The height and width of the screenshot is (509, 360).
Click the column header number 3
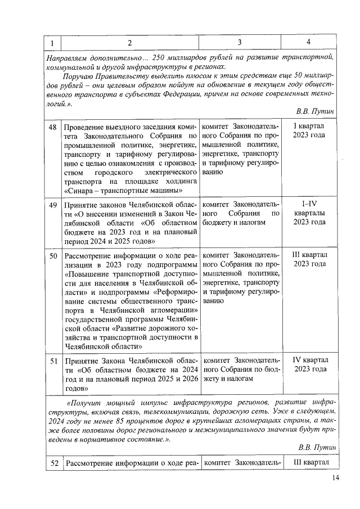(x=240, y=43)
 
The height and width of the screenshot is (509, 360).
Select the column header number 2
(x=129, y=43)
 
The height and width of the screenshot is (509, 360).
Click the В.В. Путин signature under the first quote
(x=315, y=111)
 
